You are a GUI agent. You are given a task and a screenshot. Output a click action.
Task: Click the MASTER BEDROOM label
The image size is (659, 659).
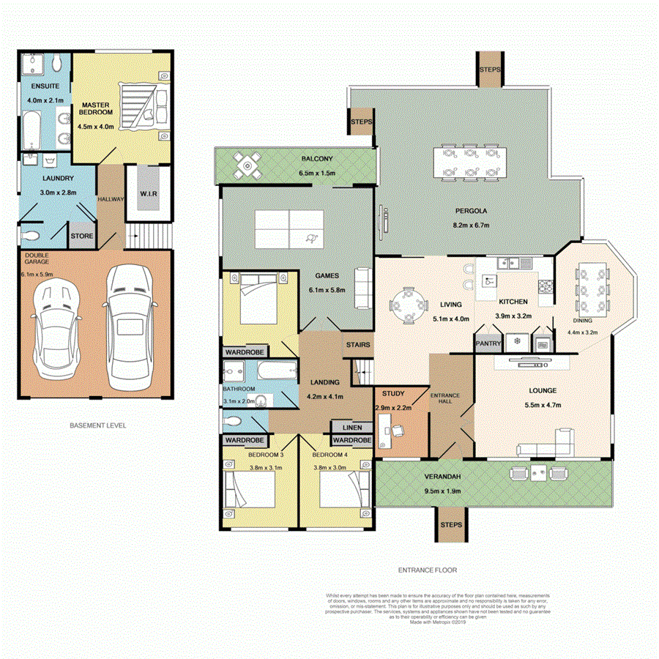[96, 108]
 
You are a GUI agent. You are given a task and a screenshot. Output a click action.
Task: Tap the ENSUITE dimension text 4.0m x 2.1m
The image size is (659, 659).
[45, 100]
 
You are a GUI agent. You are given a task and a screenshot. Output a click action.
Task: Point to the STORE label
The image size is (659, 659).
[81, 237]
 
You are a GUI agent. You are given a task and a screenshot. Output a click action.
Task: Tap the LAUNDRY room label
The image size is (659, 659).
[57, 178]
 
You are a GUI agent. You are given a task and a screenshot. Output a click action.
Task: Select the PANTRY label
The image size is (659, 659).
[487, 342]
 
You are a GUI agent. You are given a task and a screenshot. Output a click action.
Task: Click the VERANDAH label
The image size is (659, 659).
[442, 477]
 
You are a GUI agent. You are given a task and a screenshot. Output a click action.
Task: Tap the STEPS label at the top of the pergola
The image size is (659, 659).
[489, 69]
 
